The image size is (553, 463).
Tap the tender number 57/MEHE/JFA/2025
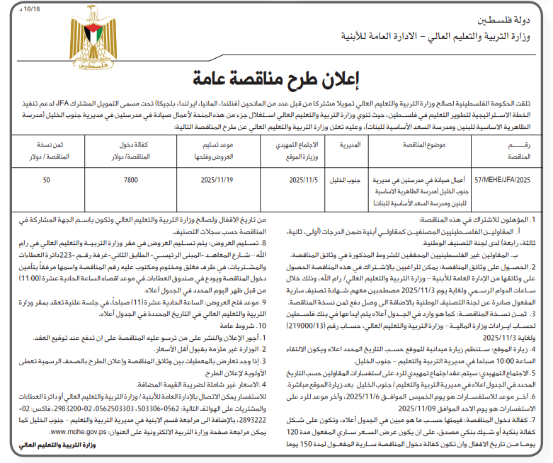504,181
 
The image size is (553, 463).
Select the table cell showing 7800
131,181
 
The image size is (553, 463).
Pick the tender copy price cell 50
46,181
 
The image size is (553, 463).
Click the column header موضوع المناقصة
418,145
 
